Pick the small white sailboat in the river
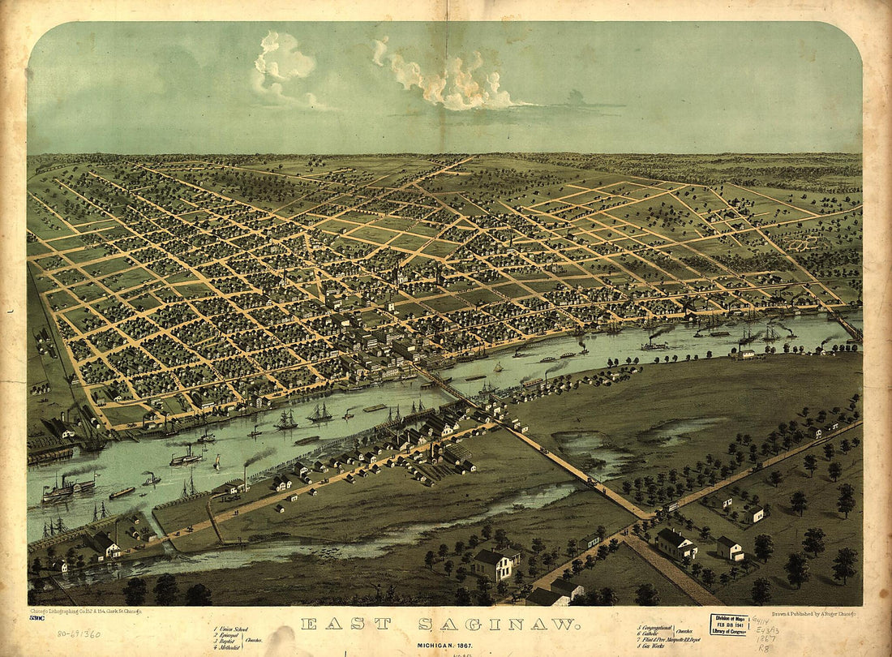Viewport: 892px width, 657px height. pyautogui.click(x=217, y=462)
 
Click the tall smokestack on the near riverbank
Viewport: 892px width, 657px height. pyautogui.click(x=244, y=476)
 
